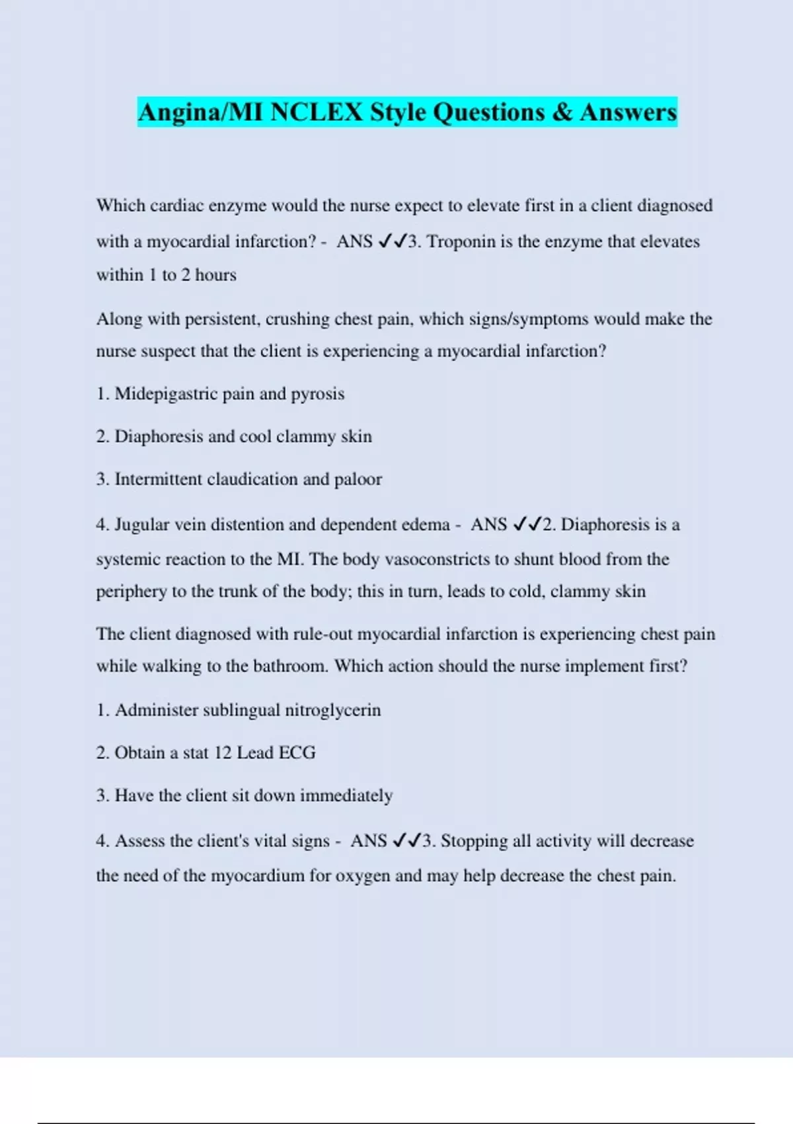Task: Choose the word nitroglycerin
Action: (332, 710)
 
